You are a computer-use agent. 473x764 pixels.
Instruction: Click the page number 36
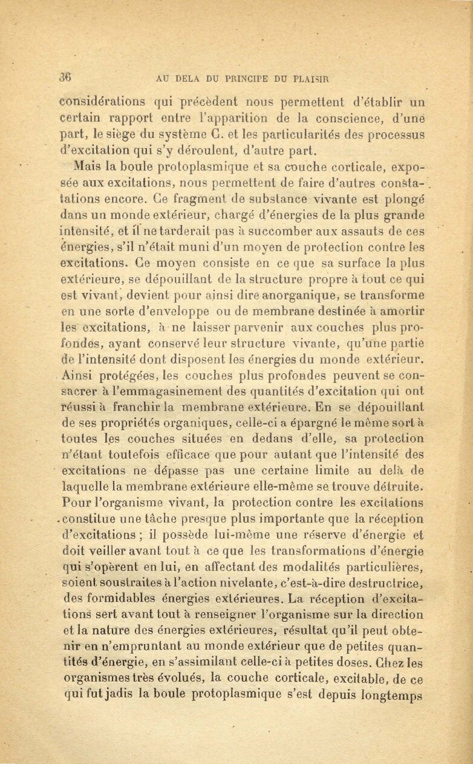coord(66,77)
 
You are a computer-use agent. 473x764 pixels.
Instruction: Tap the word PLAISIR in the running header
coord(312,78)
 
